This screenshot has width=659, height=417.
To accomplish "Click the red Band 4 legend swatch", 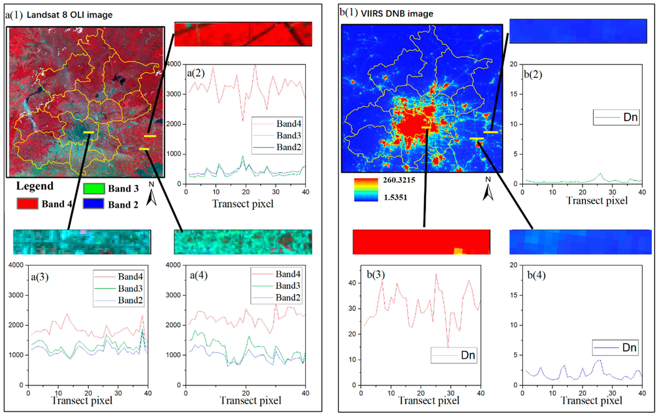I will tap(27, 204).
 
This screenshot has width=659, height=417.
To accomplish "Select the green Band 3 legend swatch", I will tap(94, 188).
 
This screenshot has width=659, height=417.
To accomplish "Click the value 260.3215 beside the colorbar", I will tap(399, 180).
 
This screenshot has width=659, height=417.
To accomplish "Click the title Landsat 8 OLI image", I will tap(70, 15).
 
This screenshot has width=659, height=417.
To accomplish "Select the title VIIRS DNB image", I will tap(397, 14).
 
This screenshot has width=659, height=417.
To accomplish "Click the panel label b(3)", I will tap(376, 275).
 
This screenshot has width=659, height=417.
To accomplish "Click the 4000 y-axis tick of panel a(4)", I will tap(173, 265).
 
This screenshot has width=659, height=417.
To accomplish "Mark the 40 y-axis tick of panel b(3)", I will tap(352, 283).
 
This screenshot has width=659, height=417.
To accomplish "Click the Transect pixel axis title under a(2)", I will tap(243, 204).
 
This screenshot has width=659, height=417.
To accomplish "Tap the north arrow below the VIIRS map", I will tap(488, 192).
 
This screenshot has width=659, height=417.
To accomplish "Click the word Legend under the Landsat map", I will tap(35, 186).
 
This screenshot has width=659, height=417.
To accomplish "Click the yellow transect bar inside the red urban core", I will tap(426, 127).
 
